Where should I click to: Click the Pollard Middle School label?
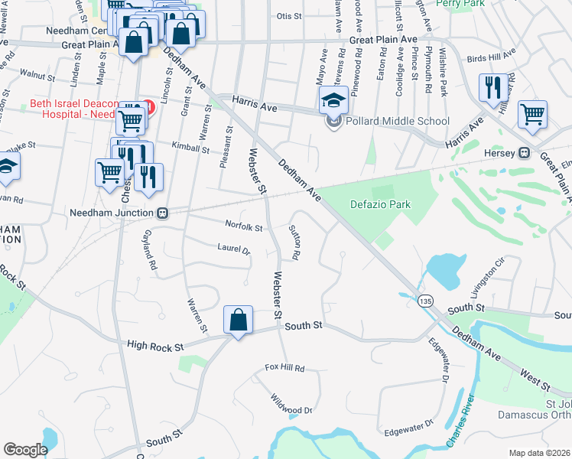pyautogui.click(x=396, y=121)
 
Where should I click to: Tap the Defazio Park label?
pyautogui.click(x=380, y=204)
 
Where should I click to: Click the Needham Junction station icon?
pyautogui.click(x=162, y=213)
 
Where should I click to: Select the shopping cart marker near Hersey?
pyautogui.click(x=531, y=114)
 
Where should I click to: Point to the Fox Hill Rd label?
pyautogui.click(x=284, y=369)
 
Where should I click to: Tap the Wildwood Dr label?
pyautogui.click(x=291, y=404)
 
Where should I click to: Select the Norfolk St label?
pyautogui.click(x=243, y=226)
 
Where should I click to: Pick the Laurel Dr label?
pyautogui.click(x=233, y=249)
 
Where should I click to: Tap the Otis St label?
pyautogui.click(x=289, y=15)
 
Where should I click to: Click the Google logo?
pyautogui.click(x=25, y=450)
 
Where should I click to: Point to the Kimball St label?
pyautogui.click(x=190, y=150)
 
